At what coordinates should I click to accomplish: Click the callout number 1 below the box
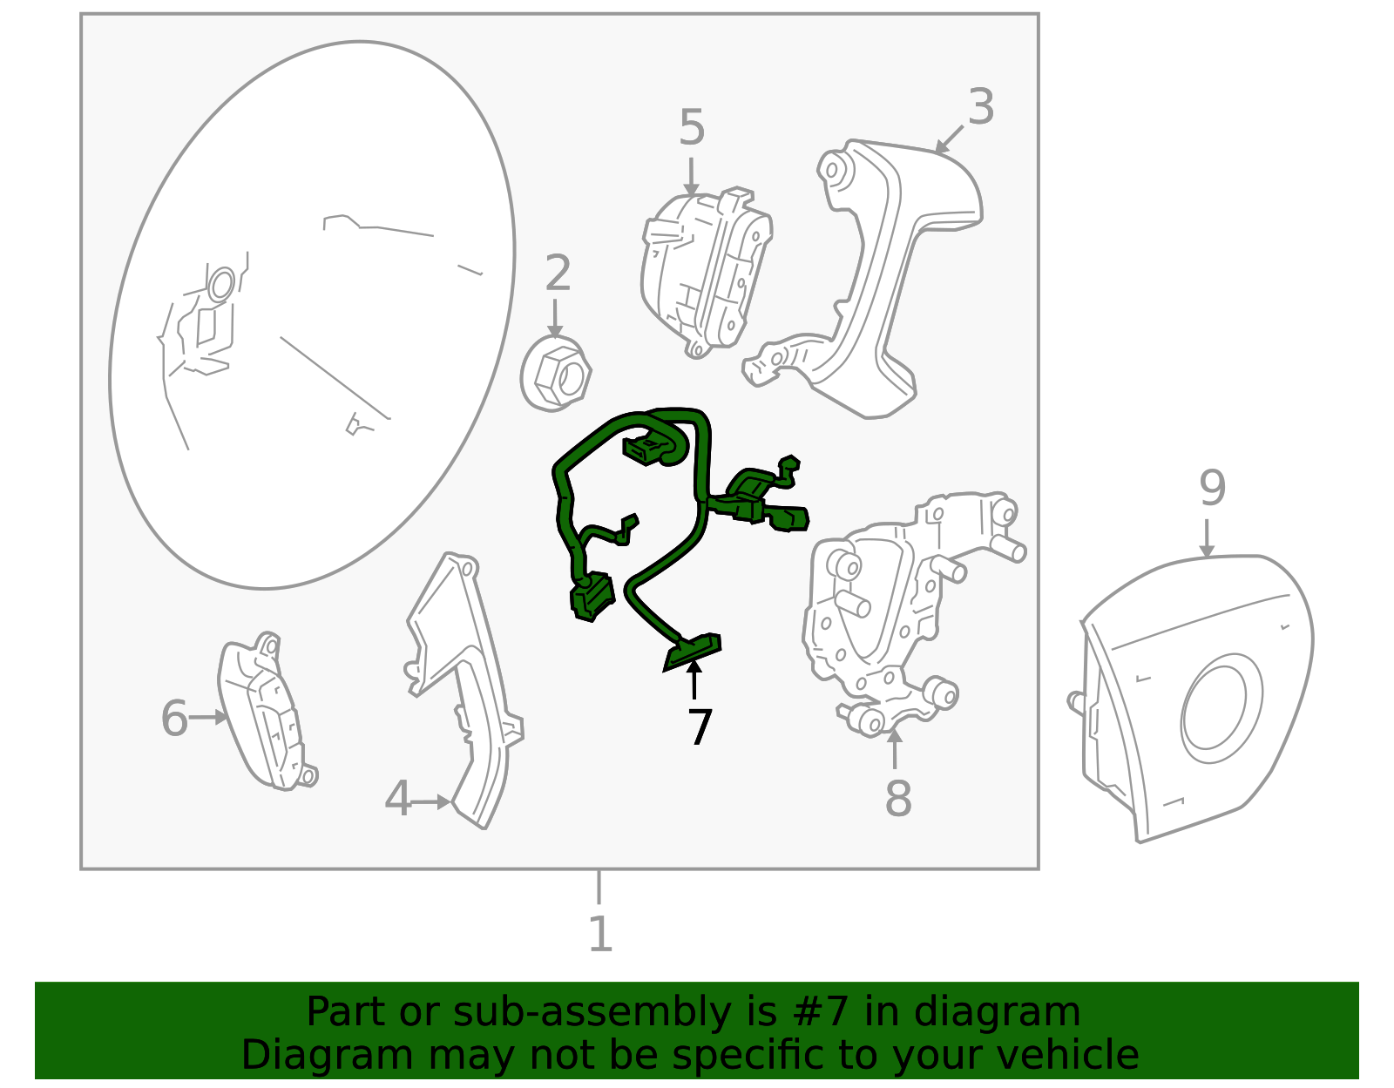click(x=599, y=934)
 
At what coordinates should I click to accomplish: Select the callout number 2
click(x=558, y=274)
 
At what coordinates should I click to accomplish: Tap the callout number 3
click(x=981, y=106)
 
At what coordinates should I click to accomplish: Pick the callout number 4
click(x=398, y=798)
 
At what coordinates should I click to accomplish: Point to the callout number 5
click(x=692, y=127)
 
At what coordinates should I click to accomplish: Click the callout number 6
click(x=174, y=718)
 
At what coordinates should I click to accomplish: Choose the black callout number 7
click(x=700, y=727)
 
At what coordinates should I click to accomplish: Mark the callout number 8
click(x=898, y=798)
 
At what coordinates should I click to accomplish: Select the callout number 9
click(x=1213, y=489)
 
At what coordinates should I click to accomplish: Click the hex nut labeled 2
click(x=556, y=374)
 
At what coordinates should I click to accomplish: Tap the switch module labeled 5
click(x=707, y=272)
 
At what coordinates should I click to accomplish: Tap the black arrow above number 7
click(x=694, y=679)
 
